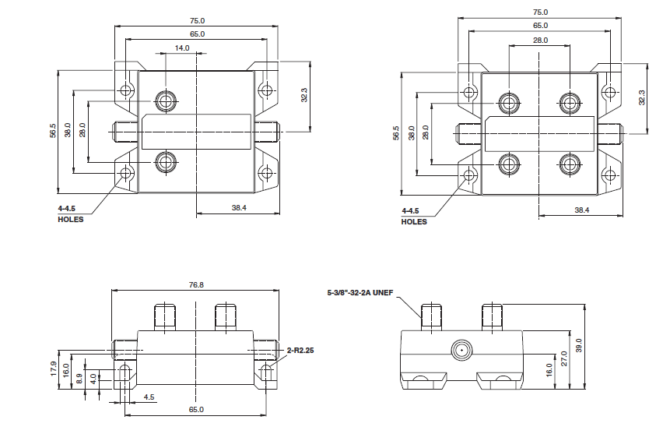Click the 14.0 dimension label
(x=182, y=48)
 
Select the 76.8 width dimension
(x=196, y=285)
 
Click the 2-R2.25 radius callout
(x=300, y=351)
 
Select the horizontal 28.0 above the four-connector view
(x=541, y=40)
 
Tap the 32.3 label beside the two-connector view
(x=305, y=94)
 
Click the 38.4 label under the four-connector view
(x=581, y=210)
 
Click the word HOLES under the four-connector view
(x=414, y=222)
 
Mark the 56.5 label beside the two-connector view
(x=53, y=131)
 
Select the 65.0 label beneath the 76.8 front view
(x=196, y=410)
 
